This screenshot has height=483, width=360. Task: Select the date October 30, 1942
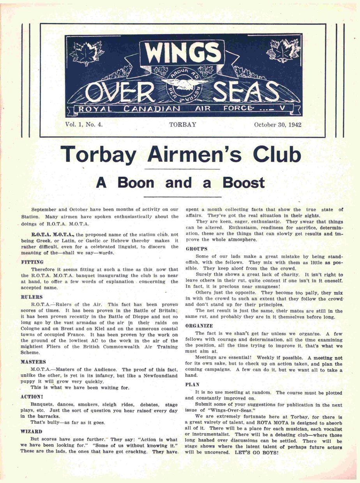(277, 125)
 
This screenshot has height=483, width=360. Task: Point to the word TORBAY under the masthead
(183, 125)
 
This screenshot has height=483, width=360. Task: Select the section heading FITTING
(32, 262)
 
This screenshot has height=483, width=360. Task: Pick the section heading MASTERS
(33, 362)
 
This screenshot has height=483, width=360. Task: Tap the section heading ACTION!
(32, 397)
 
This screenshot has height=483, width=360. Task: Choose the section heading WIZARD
(31, 431)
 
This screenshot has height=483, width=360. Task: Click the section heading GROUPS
(196, 249)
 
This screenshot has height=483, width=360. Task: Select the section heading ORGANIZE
(199, 325)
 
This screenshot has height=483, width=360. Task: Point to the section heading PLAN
(192, 384)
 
